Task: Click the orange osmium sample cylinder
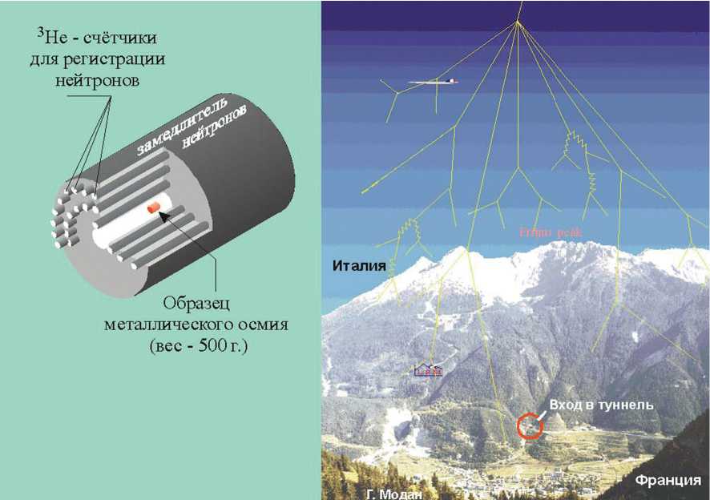coord(155,209)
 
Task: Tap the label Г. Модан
coord(392,494)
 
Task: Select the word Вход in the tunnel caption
coord(567,405)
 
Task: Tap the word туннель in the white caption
coord(629,405)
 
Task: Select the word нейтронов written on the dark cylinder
coord(217,127)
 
